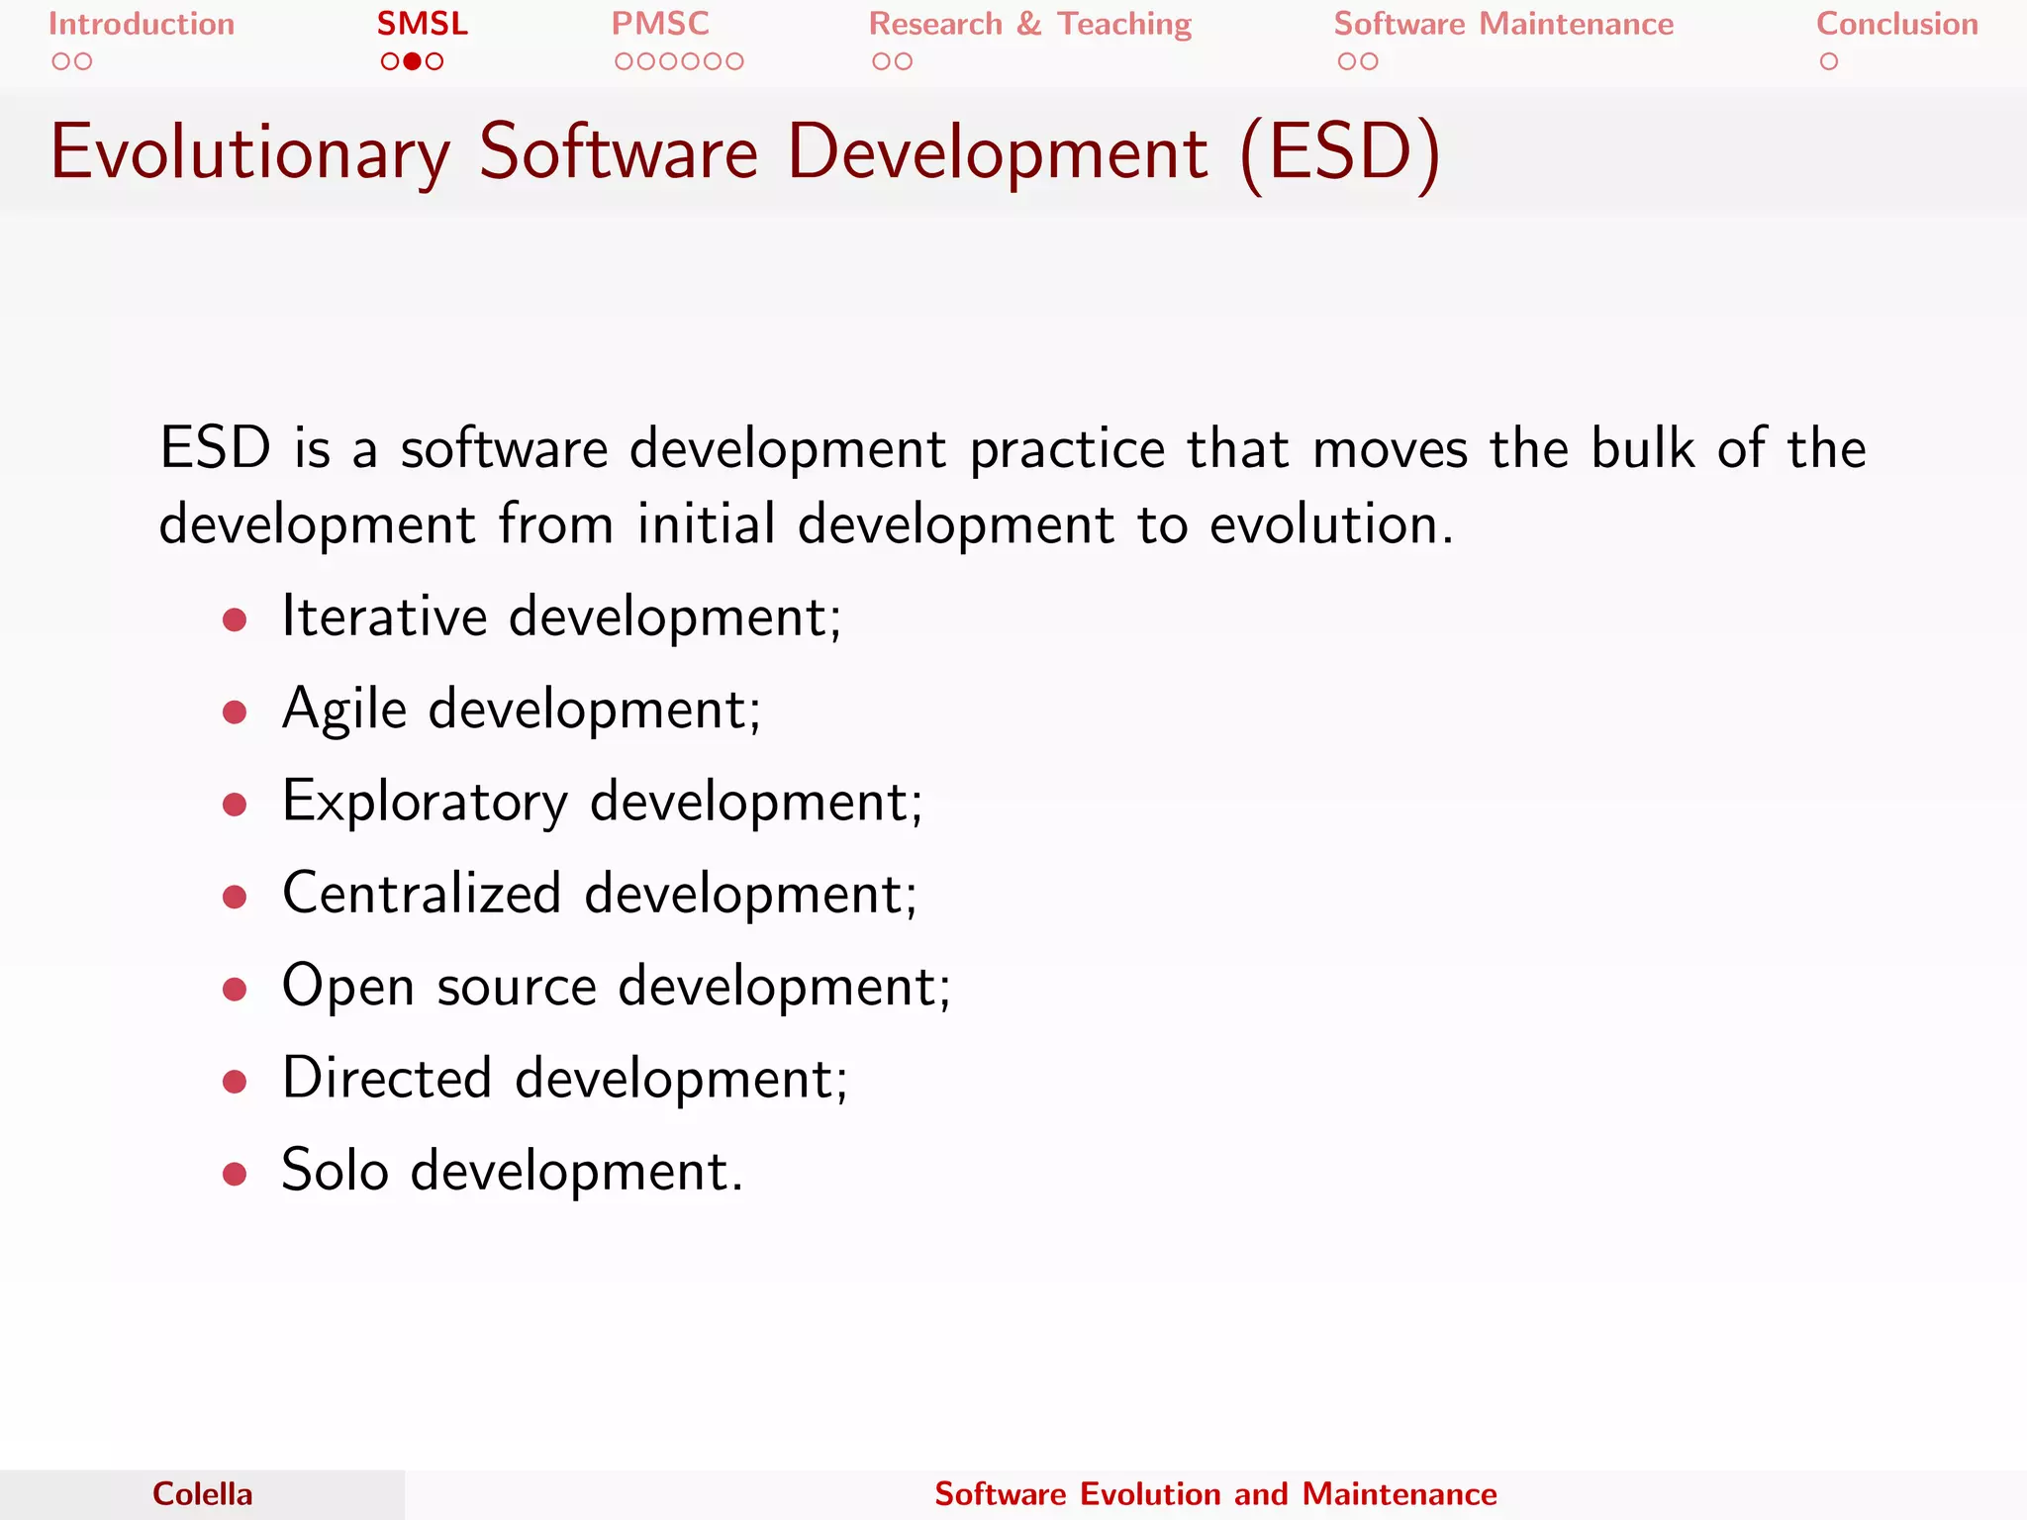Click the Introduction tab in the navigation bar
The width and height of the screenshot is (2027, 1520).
pyautogui.click(x=142, y=24)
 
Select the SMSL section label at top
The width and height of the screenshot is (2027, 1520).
pyautogui.click(x=423, y=24)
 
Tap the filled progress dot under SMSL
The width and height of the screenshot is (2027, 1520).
pyautogui.click(x=413, y=61)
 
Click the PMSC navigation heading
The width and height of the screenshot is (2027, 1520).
pyautogui.click(x=660, y=24)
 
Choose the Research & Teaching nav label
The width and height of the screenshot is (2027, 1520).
pyautogui.click(x=1030, y=24)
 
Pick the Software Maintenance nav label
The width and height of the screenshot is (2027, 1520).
pyautogui.click(x=1503, y=24)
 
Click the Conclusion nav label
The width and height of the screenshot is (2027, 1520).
pyautogui.click(x=1896, y=24)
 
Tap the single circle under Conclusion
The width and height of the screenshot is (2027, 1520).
pyautogui.click(x=1829, y=61)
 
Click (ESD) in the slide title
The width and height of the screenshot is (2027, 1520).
pyautogui.click(x=1340, y=153)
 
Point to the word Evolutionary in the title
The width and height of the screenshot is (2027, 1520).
pyautogui.click(x=250, y=153)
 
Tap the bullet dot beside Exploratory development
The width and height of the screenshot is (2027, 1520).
pyautogui.click(x=235, y=805)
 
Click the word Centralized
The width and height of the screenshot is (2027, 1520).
pyautogui.click(x=423, y=893)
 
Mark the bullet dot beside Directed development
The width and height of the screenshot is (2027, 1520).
pyautogui.click(x=235, y=1082)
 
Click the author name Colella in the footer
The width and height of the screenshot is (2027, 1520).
pyautogui.click(x=202, y=1494)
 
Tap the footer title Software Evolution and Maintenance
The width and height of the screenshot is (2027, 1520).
pyautogui.click(x=1215, y=1494)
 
